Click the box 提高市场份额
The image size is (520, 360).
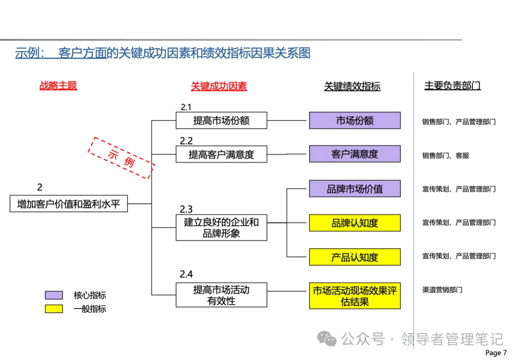click(x=221, y=120)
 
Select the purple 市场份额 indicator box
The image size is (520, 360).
click(x=354, y=120)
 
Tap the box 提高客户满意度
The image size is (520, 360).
click(x=221, y=154)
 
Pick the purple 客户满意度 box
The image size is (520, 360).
click(x=354, y=154)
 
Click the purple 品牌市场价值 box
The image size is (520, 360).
click(x=354, y=189)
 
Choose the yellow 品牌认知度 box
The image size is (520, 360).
click(x=354, y=223)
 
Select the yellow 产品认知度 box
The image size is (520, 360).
click(x=354, y=257)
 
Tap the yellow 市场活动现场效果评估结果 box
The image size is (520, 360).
click(x=354, y=296)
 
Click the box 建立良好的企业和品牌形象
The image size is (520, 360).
click(x=221, y=228)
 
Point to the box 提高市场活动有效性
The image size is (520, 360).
click(x=221, y=295)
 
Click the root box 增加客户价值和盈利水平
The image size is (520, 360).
click(x=68, y=204)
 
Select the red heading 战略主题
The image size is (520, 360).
click(x=58, y=86)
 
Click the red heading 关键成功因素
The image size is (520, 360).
click(x=219, y=86)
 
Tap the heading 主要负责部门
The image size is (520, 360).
click(x=452, y=86)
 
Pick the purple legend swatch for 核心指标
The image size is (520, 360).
click(x=54, y=295)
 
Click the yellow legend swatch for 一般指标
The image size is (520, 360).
click(x=54, y=309)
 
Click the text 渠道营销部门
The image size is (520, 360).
click(x=442, y=290)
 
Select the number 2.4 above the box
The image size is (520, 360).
click(x=186, y=274)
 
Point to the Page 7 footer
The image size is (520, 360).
click(x=496, y=353)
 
